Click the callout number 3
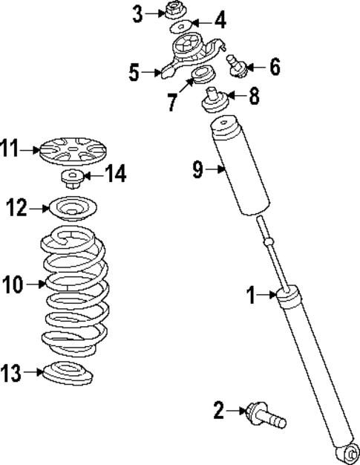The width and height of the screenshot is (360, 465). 137,13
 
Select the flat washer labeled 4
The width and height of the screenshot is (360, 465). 179,28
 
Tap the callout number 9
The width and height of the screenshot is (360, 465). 198,170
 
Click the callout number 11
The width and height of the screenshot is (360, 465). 10,149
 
